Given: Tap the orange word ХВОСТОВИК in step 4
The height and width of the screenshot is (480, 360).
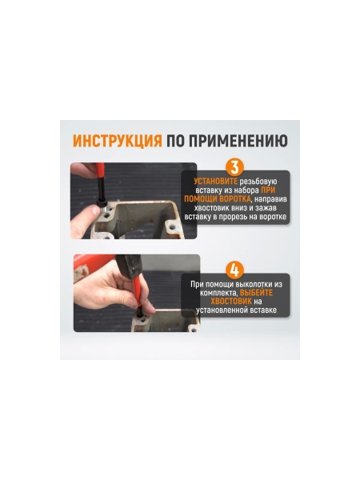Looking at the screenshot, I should [226, 302].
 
